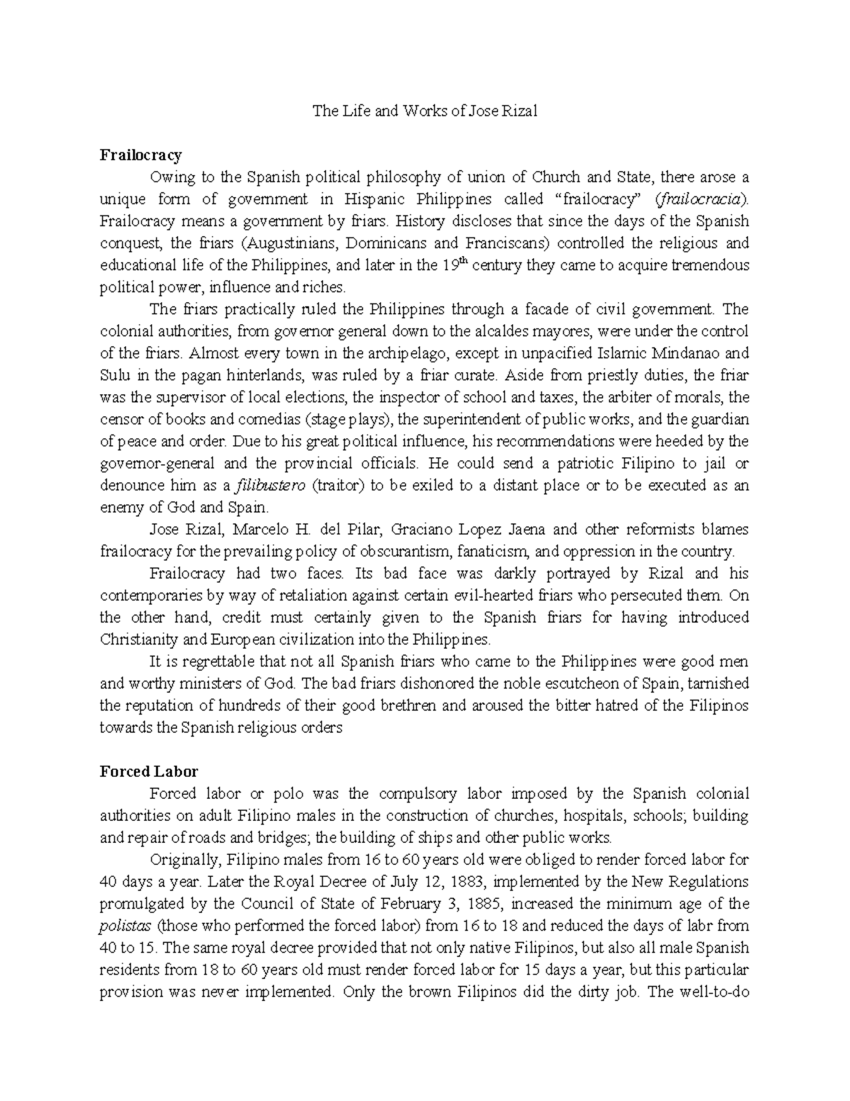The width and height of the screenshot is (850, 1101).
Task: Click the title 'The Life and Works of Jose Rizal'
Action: pos(425,111)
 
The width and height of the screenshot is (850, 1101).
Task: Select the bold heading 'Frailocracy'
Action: pos(141,155)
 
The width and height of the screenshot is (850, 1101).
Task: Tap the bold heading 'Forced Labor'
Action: pos(149,771)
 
